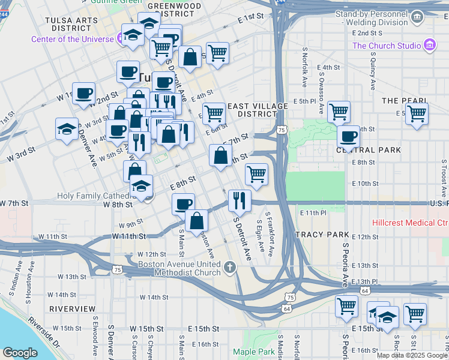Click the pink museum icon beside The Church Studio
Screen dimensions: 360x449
tap(429, 46)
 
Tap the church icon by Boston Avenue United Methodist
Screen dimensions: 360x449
tap(229, 266)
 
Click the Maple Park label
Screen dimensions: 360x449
tap(253, 352)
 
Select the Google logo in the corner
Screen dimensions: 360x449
tap(20, 353)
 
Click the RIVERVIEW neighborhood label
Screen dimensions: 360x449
tap(72, 308)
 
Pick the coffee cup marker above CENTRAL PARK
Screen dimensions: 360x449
tap(348, 136)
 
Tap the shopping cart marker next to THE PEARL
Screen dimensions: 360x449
tap(416, 113)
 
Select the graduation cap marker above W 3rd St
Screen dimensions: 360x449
tap(67, 128)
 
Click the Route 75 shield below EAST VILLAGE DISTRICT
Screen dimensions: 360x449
tap(282, 130)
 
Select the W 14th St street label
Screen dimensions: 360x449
tap(154, 297)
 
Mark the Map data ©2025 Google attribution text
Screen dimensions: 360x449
tap(411, 355)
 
